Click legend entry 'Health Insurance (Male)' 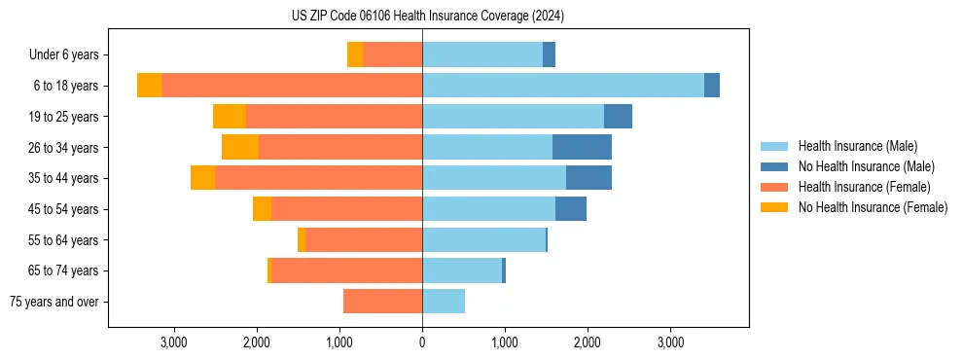pyautogui.click(x=857, y=146)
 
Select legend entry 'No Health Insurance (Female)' pyautogui.click(x=873, y=207)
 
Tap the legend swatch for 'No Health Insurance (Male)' pyautogui.click(x=775, y=166)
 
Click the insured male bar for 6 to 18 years pyautogui.click(x=562, y=86)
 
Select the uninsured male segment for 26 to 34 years pyautogui.click(x=582, y=147)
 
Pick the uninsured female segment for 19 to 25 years pyautogui.click(x=230, y=117)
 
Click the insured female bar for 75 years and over pyautogui.click(x=382, y=302)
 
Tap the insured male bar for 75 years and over pyautogui.click(x=444, y=302)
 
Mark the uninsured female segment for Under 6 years pyautogui.click(x=355, y=55)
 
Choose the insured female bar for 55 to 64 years pyautogui.click(x=364, y=239)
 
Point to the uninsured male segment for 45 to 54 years pyautogui.click(x=571, y=209)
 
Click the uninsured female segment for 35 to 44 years pyautogui.click(x=202, y=178)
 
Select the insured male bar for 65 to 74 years pyautogui.click(x=462, y=270)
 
